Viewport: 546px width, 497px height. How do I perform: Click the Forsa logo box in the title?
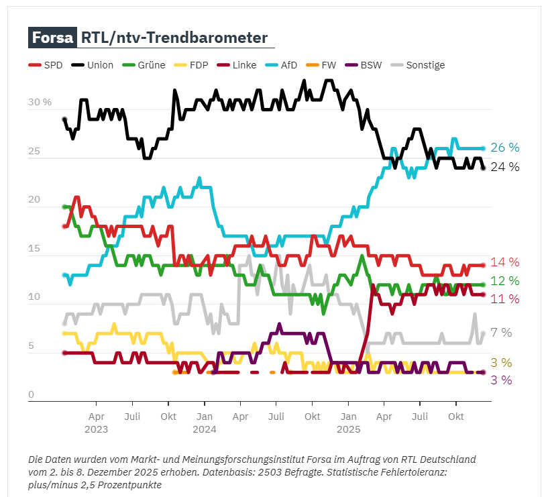tap(52, 38)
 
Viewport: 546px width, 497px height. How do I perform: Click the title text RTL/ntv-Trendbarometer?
tap(174, 38)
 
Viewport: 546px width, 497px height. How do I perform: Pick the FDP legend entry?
tap(192, 65)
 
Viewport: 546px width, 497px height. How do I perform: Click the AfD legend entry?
tap(282, 65)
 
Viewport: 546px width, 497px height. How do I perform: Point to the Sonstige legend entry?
tap(419, 65)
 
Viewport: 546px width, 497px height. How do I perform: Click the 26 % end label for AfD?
tap(504, 148)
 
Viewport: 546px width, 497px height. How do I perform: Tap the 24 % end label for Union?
tap(504, 167)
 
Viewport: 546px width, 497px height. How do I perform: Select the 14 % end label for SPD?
tap(504, 262)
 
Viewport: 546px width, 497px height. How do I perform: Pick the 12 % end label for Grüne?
tap(504, 281)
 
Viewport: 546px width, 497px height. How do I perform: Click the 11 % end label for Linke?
tap(504, 299)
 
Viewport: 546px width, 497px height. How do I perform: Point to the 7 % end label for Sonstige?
tap(501, 333)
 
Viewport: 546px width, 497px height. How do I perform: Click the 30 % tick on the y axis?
tap(40, 103)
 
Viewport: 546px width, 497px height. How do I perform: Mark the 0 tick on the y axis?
tap(31, 395)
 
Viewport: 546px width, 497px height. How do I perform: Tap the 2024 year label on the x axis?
tap(205, 429)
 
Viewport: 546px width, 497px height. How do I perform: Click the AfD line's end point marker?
tap(484, 148)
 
